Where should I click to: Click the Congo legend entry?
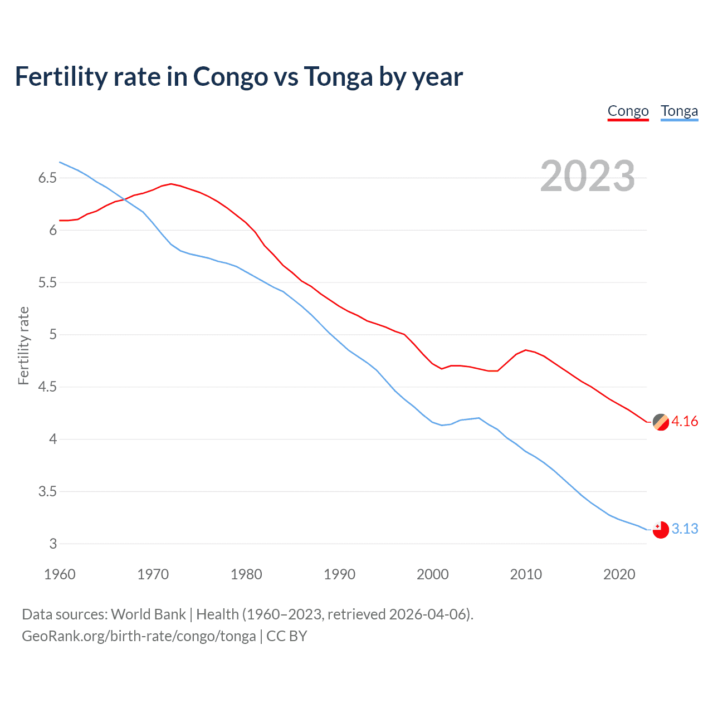coord(628,111)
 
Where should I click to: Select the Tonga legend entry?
coord(679,111)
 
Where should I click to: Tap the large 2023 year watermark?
coord(587,176)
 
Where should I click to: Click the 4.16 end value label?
coord(685,421)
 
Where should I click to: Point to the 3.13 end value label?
coord(685,529)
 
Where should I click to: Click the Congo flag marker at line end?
coord(661,422)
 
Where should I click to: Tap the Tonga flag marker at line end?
coord(661,530)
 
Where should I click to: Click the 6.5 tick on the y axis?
coord(47,178)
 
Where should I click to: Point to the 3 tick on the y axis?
coord(53,544)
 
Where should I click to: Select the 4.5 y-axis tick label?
coord(47,387)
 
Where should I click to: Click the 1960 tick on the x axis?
coord(60,574)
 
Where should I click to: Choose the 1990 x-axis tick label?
coord(339,574)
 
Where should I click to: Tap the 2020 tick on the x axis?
coord(619,574)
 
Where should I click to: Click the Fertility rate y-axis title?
coord(23,345)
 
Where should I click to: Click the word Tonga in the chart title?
coord(338,77)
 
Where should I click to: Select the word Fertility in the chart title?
coord(61,77)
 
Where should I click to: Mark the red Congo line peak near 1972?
coord(171,184)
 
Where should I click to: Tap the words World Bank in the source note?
coord(148,614)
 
